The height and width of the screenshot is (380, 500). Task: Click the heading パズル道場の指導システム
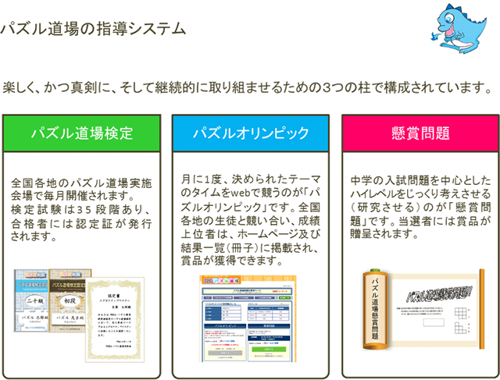click(x=93, y=30)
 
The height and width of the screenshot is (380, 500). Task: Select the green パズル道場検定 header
click(x=82, y=133)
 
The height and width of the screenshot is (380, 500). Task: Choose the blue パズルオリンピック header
click(x=251, y=133)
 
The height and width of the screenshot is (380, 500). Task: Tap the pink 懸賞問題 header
click(x=420, y=133)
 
